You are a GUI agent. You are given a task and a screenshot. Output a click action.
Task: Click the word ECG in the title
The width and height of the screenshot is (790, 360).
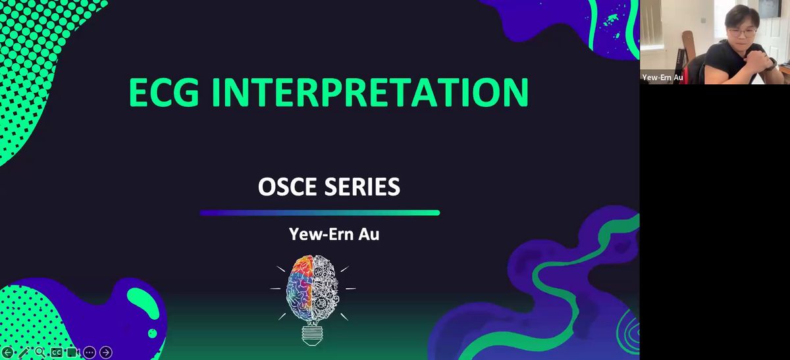164,92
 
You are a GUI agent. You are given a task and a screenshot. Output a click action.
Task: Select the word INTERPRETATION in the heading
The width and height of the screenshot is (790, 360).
370,92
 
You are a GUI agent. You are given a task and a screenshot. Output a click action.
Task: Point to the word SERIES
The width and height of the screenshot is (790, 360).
362,186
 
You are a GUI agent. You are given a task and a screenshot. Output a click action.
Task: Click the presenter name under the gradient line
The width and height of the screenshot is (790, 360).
334,234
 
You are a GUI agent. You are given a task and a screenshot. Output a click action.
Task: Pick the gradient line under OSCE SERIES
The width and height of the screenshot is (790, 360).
320,213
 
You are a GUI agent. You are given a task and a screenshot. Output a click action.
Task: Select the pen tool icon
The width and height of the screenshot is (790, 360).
24,352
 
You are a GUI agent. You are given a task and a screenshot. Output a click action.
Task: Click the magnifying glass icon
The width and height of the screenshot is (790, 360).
40,352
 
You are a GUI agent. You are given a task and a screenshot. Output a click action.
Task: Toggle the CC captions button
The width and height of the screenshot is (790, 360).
57,352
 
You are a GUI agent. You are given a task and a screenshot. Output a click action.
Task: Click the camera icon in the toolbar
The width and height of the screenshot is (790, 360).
73,352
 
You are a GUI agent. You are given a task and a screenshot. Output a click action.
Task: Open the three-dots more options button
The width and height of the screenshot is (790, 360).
90,352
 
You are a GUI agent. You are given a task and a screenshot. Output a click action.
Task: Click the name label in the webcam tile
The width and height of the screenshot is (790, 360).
662,77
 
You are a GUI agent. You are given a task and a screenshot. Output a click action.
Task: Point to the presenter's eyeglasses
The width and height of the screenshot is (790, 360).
742,33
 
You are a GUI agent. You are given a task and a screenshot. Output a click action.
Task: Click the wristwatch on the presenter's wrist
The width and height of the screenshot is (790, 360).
772,62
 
